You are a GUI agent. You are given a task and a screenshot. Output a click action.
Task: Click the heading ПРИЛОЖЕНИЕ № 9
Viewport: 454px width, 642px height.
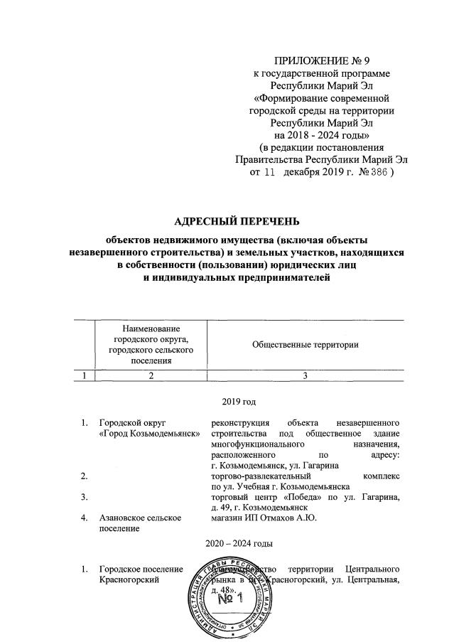(323, 60)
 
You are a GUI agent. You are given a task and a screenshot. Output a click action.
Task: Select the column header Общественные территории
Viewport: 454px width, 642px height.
(304, 345)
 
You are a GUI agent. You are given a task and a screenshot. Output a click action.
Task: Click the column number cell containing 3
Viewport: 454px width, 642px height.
(304, 375)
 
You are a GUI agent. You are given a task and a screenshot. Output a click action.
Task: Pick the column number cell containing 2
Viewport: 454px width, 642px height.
(150, 375)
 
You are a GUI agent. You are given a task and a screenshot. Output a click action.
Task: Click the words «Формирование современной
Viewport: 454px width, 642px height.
(323, 97)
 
